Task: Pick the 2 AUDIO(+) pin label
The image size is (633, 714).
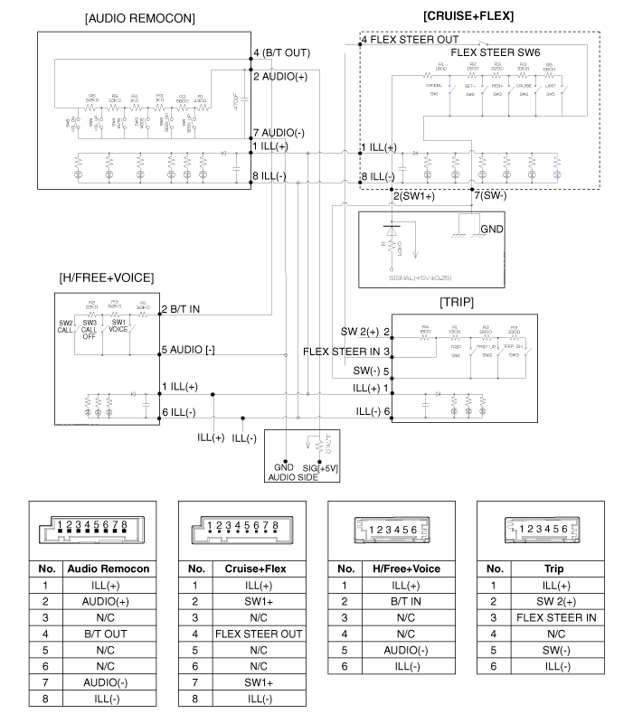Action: click(284, 77)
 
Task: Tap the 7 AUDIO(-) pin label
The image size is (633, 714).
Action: click(284, 133)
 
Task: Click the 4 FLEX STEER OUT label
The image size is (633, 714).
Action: click(409, 40)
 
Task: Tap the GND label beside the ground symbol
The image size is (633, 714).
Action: click(494, 230)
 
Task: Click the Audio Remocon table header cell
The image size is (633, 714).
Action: click(115, 569)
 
